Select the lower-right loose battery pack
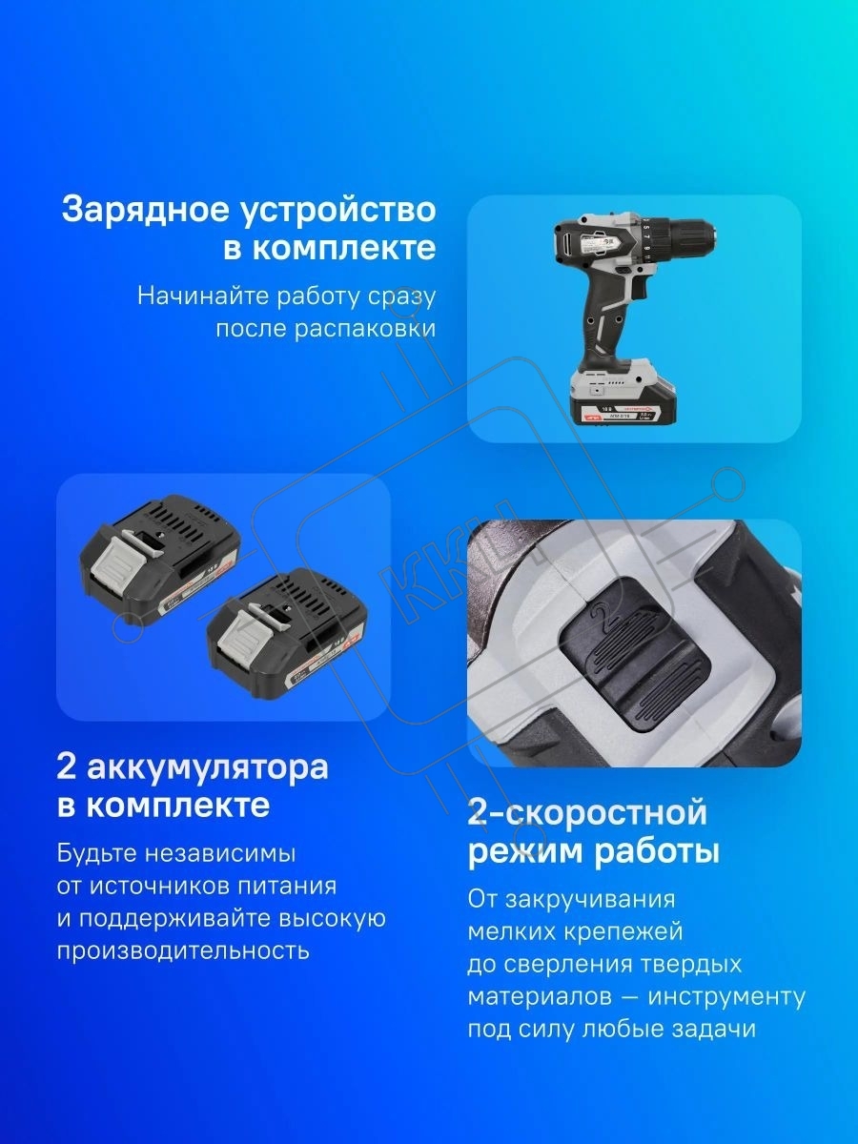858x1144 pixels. [288, 634]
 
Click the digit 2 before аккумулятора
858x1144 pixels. [67, 767]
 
